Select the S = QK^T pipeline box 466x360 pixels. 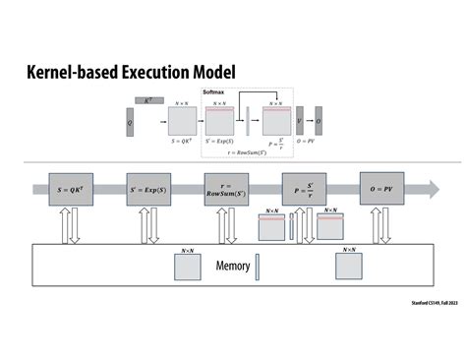(x=71, y=187)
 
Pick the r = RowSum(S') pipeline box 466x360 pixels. (x=226, y=187)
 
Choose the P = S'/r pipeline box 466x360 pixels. (x=303, y=187)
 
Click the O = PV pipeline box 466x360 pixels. (x=381, y=187)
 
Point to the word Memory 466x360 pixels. (x=233, y=267)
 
